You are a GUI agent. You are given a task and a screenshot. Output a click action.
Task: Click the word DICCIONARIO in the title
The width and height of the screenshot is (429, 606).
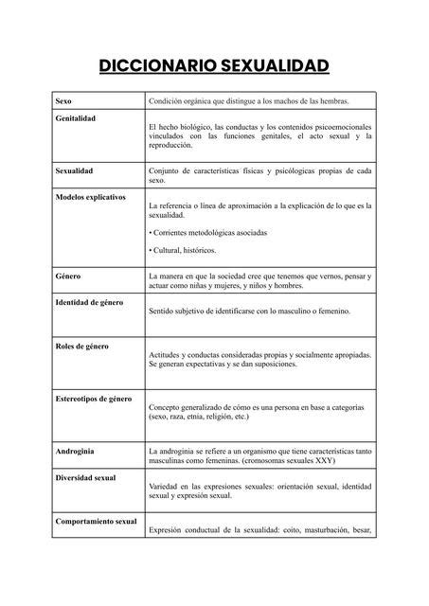[155, 65]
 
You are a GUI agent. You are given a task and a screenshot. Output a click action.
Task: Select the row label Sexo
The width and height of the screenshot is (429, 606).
[63, 100]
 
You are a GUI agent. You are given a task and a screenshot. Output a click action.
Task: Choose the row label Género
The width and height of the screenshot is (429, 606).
[67, 276]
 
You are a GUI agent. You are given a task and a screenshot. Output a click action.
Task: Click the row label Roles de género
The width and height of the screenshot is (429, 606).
[82, 346]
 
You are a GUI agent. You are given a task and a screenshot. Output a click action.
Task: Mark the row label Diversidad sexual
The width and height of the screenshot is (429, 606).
[85, 477]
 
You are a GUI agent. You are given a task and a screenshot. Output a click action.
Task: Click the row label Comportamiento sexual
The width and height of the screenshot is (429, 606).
[96, 521]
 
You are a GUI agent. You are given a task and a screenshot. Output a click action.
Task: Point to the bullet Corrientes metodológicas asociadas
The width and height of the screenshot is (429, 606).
[209, 232]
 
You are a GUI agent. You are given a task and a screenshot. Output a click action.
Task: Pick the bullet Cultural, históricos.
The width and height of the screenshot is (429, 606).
[183, 250]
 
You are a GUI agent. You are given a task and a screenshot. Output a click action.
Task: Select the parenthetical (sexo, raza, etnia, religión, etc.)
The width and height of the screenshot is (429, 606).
[199, 416]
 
